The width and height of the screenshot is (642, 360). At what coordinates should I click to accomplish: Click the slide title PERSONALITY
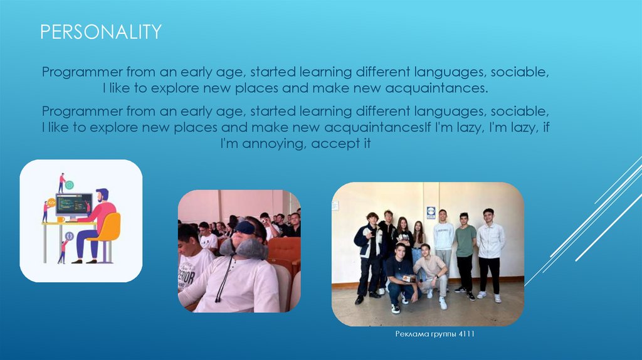(101, 32)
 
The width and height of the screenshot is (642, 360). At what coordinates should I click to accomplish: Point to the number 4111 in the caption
(466, 334)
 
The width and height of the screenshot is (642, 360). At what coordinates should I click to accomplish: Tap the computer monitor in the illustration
(74, 205)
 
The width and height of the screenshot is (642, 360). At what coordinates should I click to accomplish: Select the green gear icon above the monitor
(70, 185)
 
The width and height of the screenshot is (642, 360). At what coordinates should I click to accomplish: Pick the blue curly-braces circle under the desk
(69, 236)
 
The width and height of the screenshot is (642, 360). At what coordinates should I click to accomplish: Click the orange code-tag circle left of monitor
(51, 203)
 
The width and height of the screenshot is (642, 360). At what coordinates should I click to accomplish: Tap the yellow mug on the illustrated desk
(61, 220)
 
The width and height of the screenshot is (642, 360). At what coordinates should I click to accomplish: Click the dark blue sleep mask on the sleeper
(246, 228)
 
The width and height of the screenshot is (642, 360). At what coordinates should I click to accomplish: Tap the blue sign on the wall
(431, 213)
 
